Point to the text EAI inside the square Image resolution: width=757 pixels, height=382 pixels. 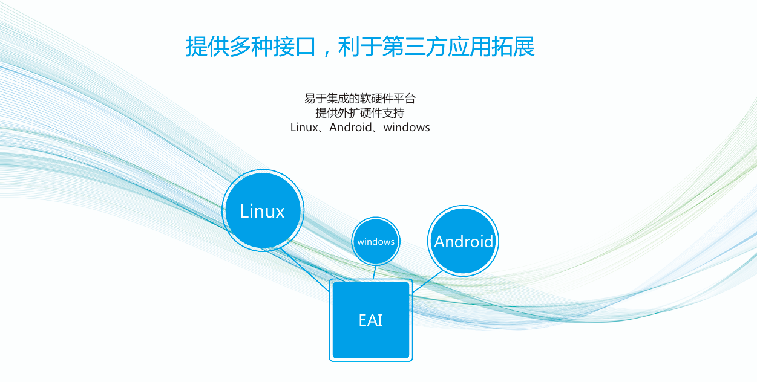(x=370, y=320)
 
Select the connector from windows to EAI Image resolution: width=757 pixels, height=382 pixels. (x=374, y=272)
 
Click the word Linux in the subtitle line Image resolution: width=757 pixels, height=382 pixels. (x=303, y=128)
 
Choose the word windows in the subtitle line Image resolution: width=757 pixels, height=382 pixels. (x=407, y=128)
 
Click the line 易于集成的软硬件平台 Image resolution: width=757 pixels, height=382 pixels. (x=360, y=99)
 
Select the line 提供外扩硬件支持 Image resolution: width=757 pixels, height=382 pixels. (x=360, y=113)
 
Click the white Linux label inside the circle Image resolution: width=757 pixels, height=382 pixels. (x=263, y=211)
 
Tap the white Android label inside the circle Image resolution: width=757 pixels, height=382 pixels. (x=464, y=242)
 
